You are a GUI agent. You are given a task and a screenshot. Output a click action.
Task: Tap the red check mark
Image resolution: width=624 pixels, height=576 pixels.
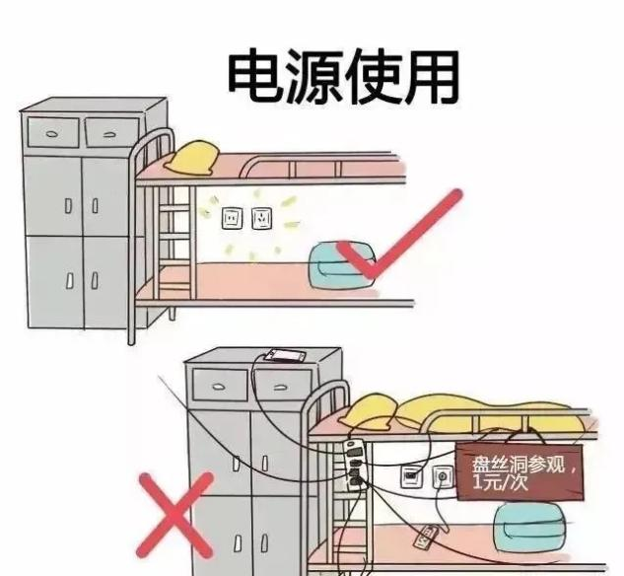tap(398, 235)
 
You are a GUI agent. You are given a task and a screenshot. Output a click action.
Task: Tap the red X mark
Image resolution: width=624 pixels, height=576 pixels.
tap(175, 515)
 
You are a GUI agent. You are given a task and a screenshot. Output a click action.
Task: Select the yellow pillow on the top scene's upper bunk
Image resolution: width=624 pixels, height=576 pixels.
tap(193, 158)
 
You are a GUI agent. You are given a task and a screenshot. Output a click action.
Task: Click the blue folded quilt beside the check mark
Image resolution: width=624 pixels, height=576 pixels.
tap(341, 265)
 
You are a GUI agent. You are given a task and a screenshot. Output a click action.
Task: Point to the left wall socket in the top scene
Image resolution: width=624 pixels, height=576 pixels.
tap(232, 218)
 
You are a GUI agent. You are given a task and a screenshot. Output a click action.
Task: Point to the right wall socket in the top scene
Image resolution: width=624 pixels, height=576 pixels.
tap(262, 218)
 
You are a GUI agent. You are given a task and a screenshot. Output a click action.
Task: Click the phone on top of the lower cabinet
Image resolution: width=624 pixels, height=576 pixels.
tap(286, 355)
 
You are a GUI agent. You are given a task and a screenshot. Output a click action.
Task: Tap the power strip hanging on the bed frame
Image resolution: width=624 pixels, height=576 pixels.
tap(355, 465)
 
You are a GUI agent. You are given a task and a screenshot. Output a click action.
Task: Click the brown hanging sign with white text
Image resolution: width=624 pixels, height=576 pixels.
tap(520, 472)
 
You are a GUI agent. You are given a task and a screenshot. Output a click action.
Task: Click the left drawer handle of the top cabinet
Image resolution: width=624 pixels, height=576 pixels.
tap(51, 134)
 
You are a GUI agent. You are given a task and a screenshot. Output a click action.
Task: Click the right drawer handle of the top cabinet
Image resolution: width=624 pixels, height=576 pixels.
tap(110, 135)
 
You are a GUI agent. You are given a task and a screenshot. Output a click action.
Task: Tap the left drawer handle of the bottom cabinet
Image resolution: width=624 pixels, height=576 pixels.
tap(219, 387)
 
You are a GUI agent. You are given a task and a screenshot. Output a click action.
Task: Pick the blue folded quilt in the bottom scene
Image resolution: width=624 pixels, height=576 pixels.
tap(529, 529)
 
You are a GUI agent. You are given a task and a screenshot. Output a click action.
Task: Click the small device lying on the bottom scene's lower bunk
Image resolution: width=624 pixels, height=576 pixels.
tap(428, 538)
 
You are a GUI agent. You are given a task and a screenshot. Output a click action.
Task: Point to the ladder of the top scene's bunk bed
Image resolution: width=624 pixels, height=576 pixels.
tap(175, 242)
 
